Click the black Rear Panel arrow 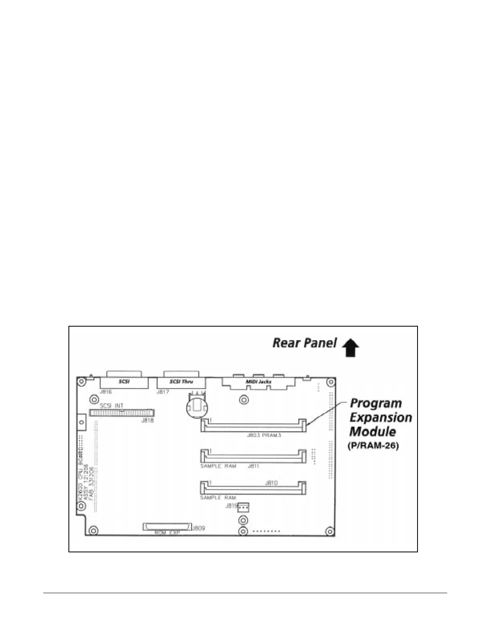(351, 347)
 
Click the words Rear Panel (305, 343)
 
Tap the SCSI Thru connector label (181, 382)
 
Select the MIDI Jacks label (258, 382)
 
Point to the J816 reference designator (105, 392)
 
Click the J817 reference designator (163, 392)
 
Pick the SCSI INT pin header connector (121, 413)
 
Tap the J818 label (147, 420)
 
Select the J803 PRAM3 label (264, 435)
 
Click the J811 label (254, 466)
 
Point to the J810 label (271, 483)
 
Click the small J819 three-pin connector (243, 508)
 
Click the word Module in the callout (373, 431)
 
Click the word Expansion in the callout (381, 417)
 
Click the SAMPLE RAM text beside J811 (218, 466)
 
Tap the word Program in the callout (376, 403)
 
